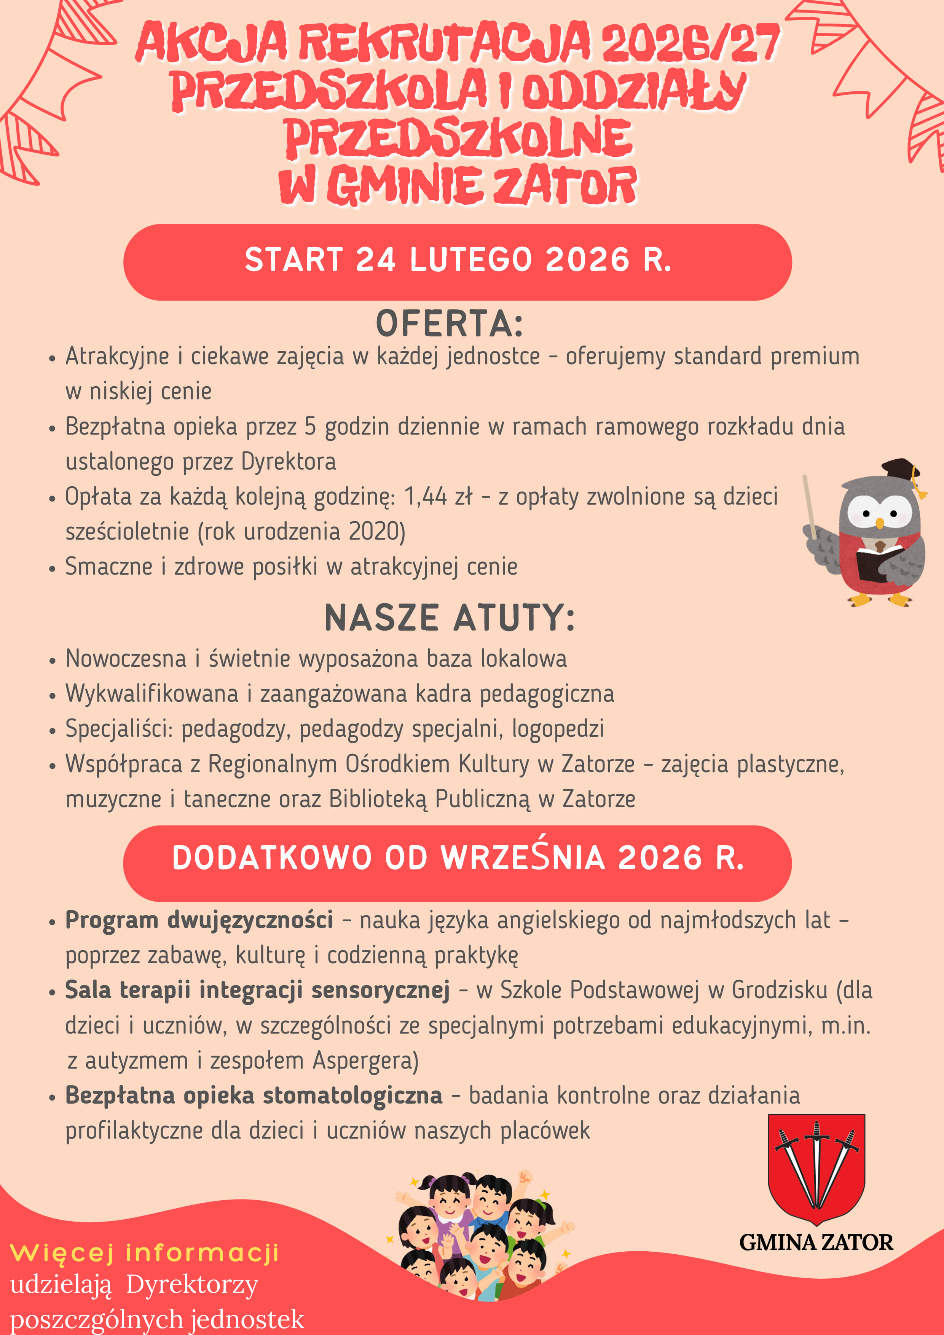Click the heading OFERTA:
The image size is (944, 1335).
coord(449,324)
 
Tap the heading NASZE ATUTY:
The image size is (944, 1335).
coord(450,618)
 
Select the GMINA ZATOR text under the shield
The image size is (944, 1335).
coord(816,1242)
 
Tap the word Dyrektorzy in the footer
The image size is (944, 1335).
coord(192,1285)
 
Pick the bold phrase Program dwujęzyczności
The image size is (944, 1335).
coord(199,920)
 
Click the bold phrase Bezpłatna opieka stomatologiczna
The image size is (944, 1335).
coord(254,1096)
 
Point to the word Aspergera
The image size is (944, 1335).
coord(366,1061)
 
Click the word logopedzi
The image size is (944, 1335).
coord(558,728)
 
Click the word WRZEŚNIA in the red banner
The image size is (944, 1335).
coord(523,858)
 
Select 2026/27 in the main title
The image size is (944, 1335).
coord(690,44)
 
